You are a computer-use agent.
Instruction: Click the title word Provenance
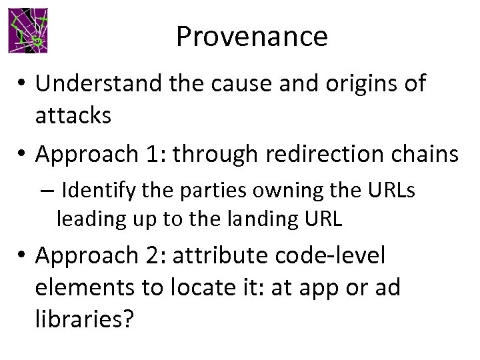coord(251,37)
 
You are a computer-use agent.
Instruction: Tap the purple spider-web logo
coord(28,31)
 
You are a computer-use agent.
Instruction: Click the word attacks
coord(73,115)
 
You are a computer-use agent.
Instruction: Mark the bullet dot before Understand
coord(22,84)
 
